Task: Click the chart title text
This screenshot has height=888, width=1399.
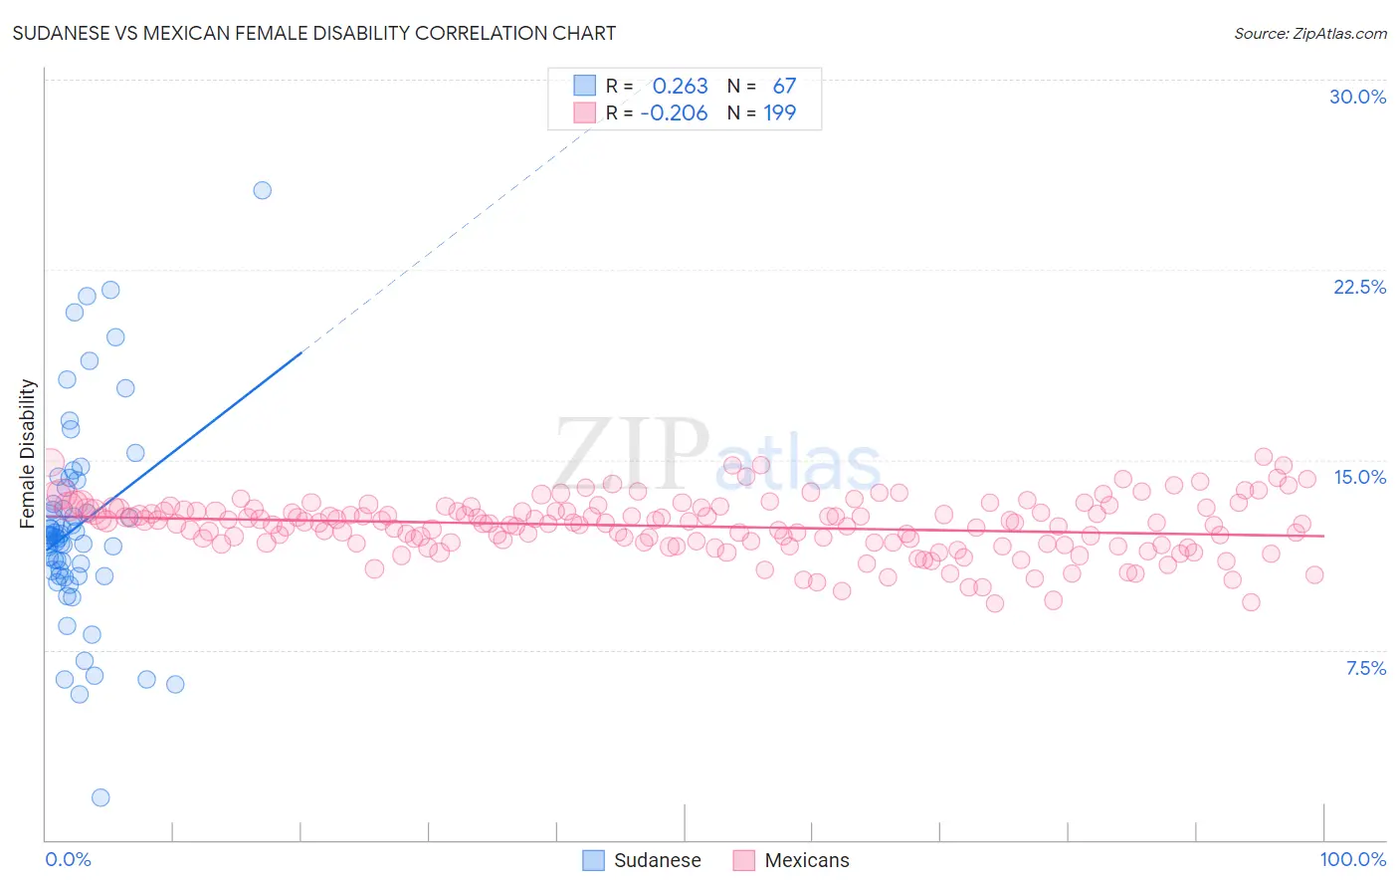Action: point(314,33)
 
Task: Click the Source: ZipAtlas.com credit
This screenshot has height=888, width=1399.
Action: point(1309,33)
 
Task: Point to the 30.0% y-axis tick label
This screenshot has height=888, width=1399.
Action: point(1357,97)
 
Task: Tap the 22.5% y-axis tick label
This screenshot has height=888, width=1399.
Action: point(1359,287)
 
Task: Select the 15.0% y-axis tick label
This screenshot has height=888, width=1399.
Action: point(1359,477)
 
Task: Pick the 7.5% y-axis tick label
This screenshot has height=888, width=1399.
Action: point(1365,668)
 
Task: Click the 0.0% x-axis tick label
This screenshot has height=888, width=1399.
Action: point(68,859)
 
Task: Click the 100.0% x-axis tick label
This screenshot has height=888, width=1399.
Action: point(1352,859)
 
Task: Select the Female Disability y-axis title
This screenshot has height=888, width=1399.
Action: point(28,453)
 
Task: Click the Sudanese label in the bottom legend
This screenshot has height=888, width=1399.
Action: point(657,860)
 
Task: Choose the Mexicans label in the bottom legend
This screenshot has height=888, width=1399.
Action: point(807,860)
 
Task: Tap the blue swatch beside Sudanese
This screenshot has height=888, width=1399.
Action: point(594,860)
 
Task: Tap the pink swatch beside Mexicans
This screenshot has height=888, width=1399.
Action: point(744,860)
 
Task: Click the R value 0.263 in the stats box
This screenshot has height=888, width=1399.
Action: point(680,87)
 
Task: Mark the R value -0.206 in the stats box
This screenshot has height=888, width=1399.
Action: point(674,113)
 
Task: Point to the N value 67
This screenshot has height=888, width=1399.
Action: point(784,87)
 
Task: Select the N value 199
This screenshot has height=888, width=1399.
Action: point(779,113)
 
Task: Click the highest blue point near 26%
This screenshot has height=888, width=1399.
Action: point(263,190)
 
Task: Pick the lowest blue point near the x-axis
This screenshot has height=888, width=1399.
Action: point(100,797)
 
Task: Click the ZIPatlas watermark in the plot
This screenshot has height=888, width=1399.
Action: point(716,454)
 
